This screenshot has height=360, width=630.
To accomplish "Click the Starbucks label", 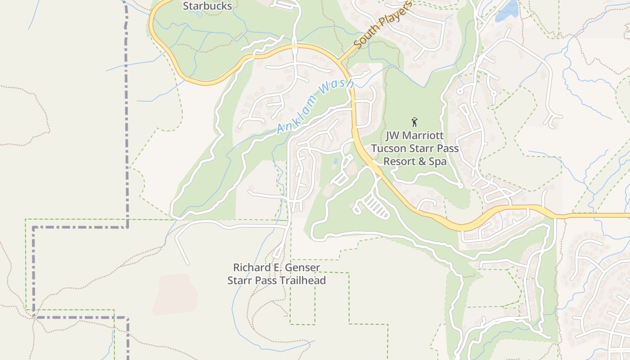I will coord(207,6).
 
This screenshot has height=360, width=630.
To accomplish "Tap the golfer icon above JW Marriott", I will coord(414,121).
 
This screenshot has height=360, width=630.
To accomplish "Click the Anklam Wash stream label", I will coord(315,107).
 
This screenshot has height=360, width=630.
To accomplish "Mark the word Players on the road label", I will coord(394,17).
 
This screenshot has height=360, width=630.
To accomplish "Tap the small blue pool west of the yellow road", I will coord(336,161).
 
